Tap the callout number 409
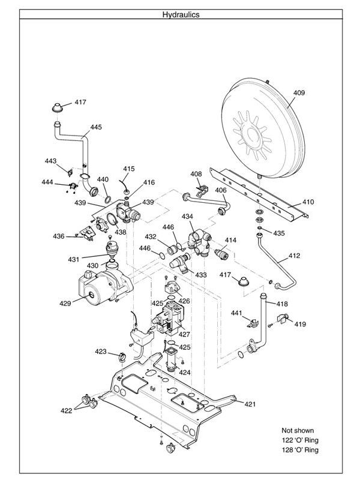[299, 93]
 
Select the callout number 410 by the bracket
[307, 202]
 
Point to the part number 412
[294, 256]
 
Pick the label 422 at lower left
[66, 410]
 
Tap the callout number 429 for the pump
[65, 303]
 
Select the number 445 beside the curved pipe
[96, 127]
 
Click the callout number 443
[50, 161]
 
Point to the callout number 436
[58, 236]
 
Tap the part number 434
[188, 216]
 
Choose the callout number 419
[300, 324]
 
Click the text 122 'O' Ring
[300, 440]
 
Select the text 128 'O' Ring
[300, 449]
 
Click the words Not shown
[298, 430]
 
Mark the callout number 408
[196, 174]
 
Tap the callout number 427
[184, 334]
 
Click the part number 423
[101, 351]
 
